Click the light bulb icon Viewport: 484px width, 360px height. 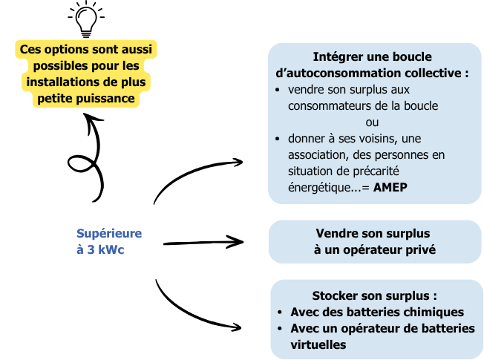(86, 19)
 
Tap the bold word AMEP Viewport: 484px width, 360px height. (390, 187)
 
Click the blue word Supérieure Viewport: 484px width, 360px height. (109, 234)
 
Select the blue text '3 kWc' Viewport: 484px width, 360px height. (105, 250)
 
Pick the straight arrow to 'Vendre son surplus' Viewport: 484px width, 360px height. (203, 243)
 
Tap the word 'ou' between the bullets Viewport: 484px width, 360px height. (372, 122)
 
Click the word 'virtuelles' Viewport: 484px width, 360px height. (318, 344)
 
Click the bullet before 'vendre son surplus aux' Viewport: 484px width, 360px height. (277, 90)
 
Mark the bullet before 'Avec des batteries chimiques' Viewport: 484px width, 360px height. (280, 312)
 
